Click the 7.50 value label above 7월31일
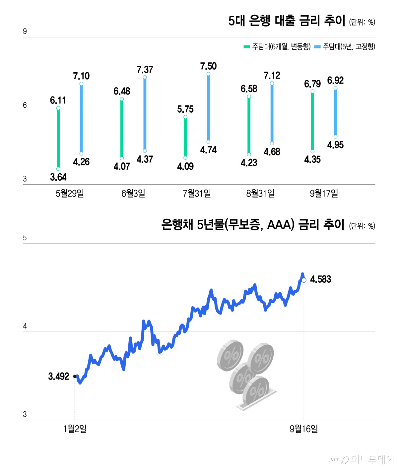pos(208,66)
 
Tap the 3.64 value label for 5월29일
pos(58,177)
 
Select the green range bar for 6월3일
pos(122,129)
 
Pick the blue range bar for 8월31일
pos(272,113)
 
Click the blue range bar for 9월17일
pos(335,112)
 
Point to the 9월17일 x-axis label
pos(324,194)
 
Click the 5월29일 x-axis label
pos(70,194)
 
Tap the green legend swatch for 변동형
pos(247,47)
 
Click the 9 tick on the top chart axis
pos(25,31)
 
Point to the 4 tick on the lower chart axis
pos(25,326)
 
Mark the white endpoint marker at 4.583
pos(304,280)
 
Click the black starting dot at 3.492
pos(75,376)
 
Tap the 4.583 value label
pos(320,279)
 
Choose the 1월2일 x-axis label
pos(75,429)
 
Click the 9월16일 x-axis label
pos(304,429)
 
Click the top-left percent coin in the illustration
pos(230,355)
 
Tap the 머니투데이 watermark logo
pos(361,459)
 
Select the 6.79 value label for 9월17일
pos(312,84)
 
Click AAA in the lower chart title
pos(281,225)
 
